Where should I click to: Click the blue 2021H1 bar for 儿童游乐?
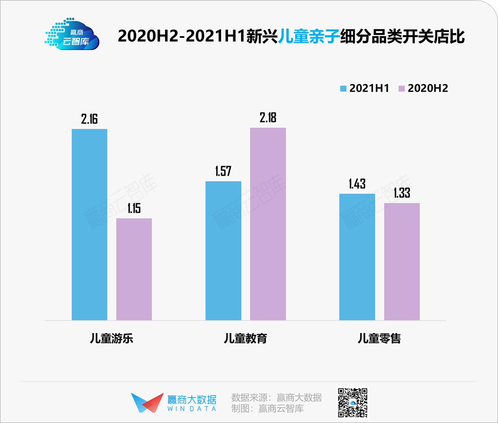click(x=89, y=224)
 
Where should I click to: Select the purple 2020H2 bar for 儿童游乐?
click(x=134, y=269)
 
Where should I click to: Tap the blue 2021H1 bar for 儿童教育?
click(x=223, y=251)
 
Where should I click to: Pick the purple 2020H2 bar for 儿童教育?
click(x=268, y=224)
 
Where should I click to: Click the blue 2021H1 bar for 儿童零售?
click(x=357, y=257)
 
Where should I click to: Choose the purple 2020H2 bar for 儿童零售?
click(x=402, y=261)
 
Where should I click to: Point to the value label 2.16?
click(x=90, y=119)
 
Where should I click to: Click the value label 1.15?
click(x=134, y=208)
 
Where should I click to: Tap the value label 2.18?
click(x=268, y=118)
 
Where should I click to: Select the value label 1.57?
click(x=223, y=171)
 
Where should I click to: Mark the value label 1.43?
click(x=357, y=184)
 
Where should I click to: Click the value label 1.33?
click(x=402, y=193)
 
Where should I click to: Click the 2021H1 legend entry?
click(x=364, y=88)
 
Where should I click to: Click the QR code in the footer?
click(x=353, y=403)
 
